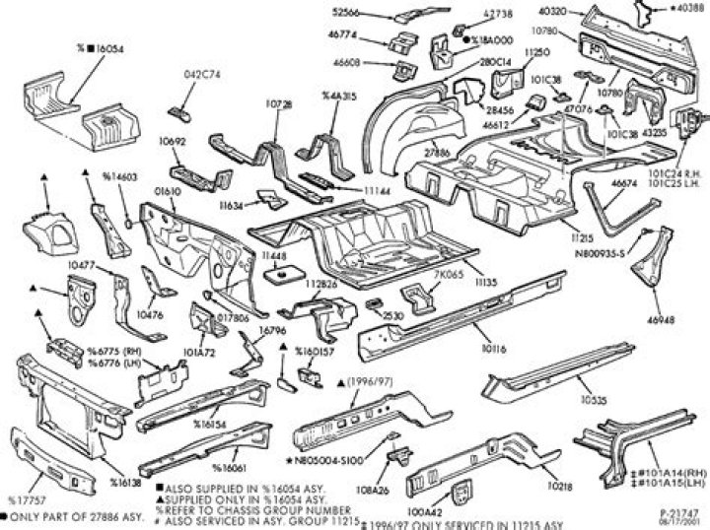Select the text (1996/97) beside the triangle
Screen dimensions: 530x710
coord(376,380)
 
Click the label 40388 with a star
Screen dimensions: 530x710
coord(687,9)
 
